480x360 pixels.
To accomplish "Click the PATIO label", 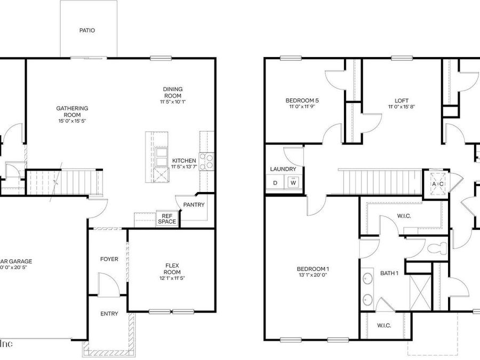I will [x=87, y=30].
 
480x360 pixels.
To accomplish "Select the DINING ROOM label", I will [x=173, y=92].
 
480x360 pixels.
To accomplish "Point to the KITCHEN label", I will [x=183, y=161].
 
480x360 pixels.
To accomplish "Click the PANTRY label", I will [x=194, y=204].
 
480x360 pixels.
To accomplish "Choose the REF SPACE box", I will [x=166, y=219].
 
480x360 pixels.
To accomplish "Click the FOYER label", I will [x=109, y=259].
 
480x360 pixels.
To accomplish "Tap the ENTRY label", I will [x=109, y=314].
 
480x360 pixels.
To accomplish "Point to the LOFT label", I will [x=402, y=100].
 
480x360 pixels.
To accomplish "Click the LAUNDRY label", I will [x=283, y=169].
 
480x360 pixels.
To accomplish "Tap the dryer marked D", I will [x=275, y=183].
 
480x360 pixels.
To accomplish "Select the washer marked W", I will [x=293, y=183].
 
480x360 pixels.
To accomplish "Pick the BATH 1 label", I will [x=389, y=273].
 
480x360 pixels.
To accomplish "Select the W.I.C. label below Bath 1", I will [x=385, y=325].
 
